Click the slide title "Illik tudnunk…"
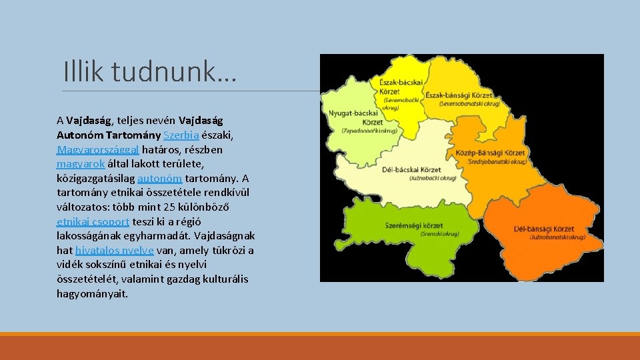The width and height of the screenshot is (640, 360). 149,71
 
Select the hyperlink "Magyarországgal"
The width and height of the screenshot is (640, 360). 98,150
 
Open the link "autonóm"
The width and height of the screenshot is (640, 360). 159,179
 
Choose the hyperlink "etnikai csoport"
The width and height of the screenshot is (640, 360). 93,222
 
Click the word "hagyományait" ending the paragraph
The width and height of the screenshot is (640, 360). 92,294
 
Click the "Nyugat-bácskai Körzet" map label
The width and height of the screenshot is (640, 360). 353,117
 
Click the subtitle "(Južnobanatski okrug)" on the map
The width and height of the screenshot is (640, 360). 557,237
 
